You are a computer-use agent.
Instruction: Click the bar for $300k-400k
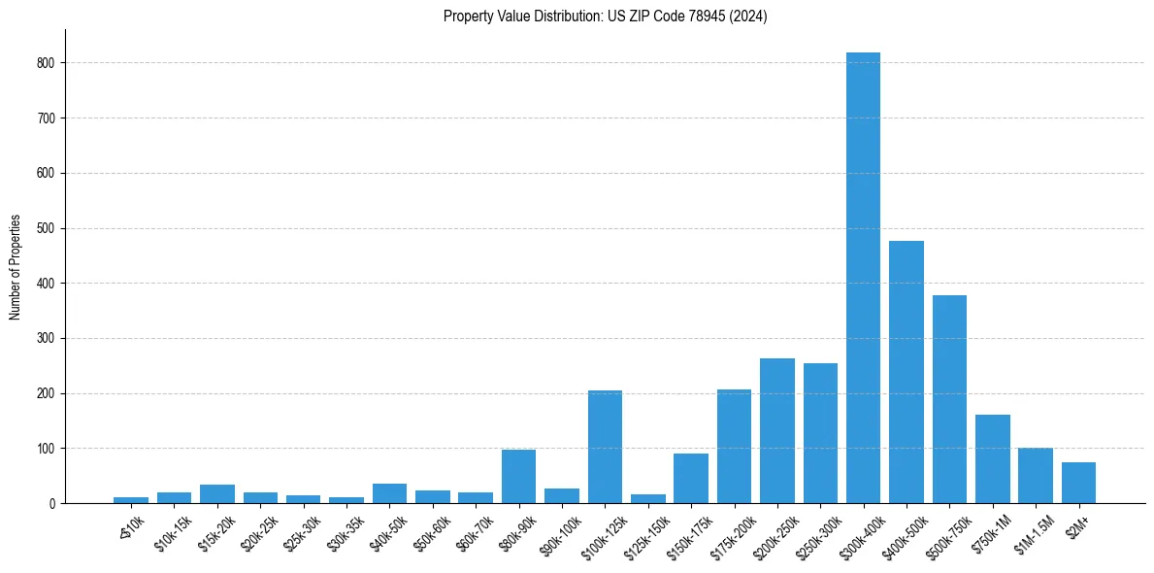coord(863,278)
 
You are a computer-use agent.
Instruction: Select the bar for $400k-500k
coord(907,372)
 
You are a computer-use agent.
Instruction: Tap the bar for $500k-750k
coord(949,399)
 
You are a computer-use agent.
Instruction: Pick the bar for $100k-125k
coord(605,447)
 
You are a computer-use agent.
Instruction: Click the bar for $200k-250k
coord(777,430)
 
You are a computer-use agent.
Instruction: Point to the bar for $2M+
coord(1078,483)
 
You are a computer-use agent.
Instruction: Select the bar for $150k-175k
coord(691,478)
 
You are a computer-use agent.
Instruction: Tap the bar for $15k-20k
coord(217,493)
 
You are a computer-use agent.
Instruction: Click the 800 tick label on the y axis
coord(46,63)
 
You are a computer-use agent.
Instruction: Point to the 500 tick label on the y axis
coord(46,228)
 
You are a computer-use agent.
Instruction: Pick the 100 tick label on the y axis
coord(46,449)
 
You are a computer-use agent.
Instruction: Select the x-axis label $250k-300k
coord(813,532)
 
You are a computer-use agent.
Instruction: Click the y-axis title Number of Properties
coord(16,267)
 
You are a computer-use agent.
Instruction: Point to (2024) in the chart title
coord(749,17)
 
